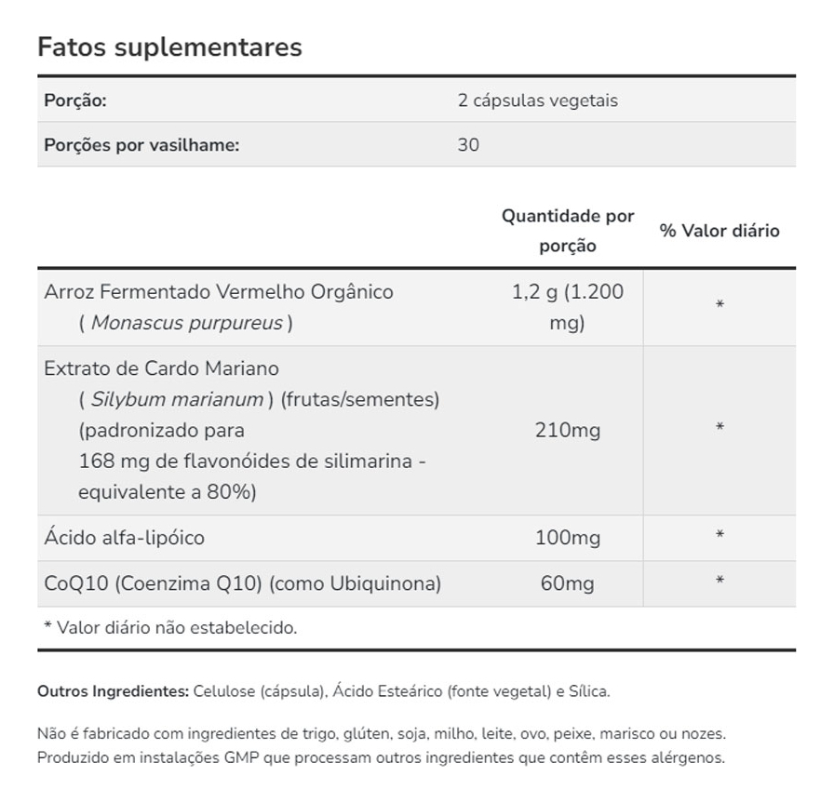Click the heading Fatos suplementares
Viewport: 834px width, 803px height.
(x=169, y=47)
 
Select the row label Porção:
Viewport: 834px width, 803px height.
(x=75, y=100)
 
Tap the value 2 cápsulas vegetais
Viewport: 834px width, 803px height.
(x=537, y=100)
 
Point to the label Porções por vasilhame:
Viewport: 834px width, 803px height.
(x=141, y=145)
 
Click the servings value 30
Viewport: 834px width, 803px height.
(x=468, y=145)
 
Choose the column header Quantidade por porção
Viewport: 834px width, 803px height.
(x=568, y=231)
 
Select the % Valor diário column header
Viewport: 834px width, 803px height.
(x=720, y=231)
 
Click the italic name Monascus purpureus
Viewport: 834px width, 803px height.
(x=186, y=323)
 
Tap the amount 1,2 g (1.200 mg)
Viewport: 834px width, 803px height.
(x=568, y=307)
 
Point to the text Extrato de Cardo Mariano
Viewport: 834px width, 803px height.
(x=161, y=368)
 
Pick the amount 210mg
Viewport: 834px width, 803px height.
(x=568, y=430)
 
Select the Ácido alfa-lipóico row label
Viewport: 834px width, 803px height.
(x=124, y=538)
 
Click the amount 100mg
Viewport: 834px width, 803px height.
(x=568, y=538)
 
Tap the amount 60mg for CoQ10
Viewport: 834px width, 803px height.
(x=568, y=583)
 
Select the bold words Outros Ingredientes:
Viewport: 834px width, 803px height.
(x=113, y=691)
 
